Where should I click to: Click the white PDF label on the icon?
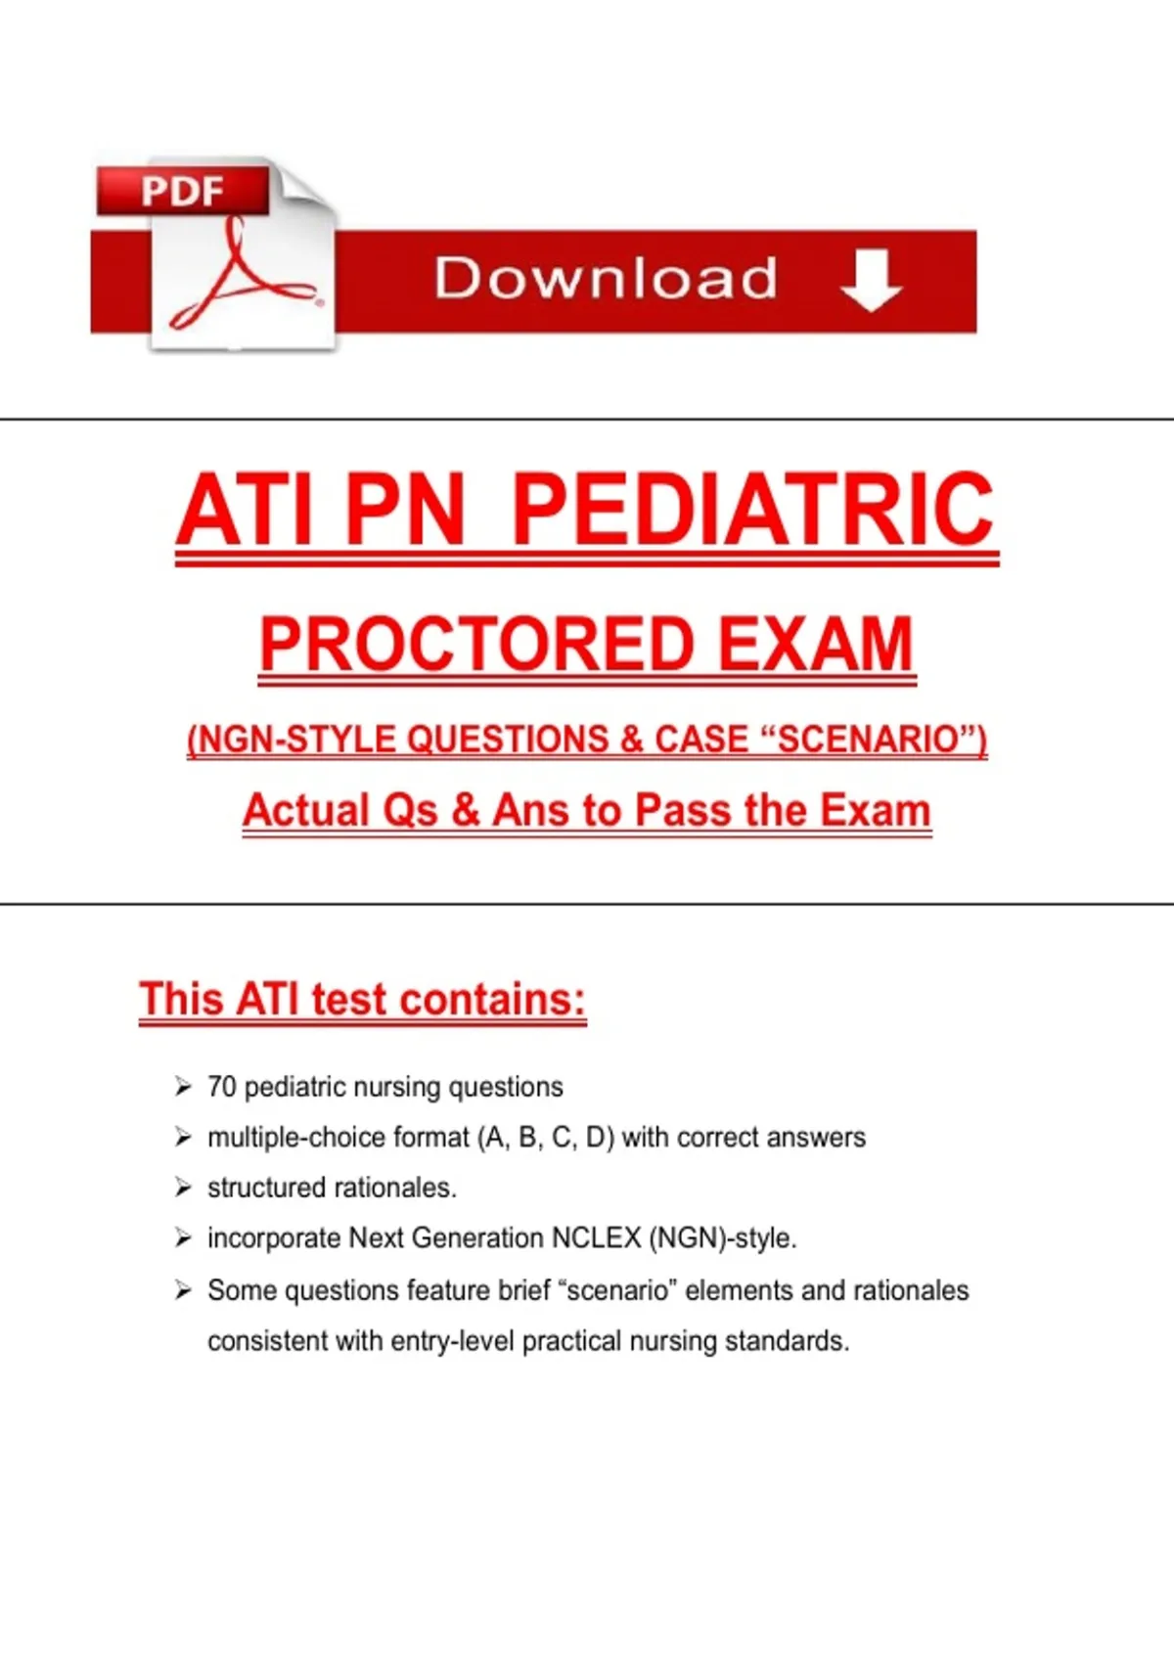(x=183, y=191)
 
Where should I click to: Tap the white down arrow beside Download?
(x=871, y=280)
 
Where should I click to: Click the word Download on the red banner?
(x=606, y=279)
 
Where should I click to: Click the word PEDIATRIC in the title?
(x=753, y=511)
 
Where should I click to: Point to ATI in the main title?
(x=244, y=511)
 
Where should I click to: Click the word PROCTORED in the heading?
(x=476, y=644)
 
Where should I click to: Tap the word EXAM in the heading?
(x=815, y=644)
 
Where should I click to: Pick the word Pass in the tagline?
(x=683, y=810)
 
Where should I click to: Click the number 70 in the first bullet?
(x=222, y=1087)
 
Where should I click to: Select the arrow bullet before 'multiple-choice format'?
(x=183, y=1137)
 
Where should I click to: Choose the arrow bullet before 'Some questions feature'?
(x=183, y=1290)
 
